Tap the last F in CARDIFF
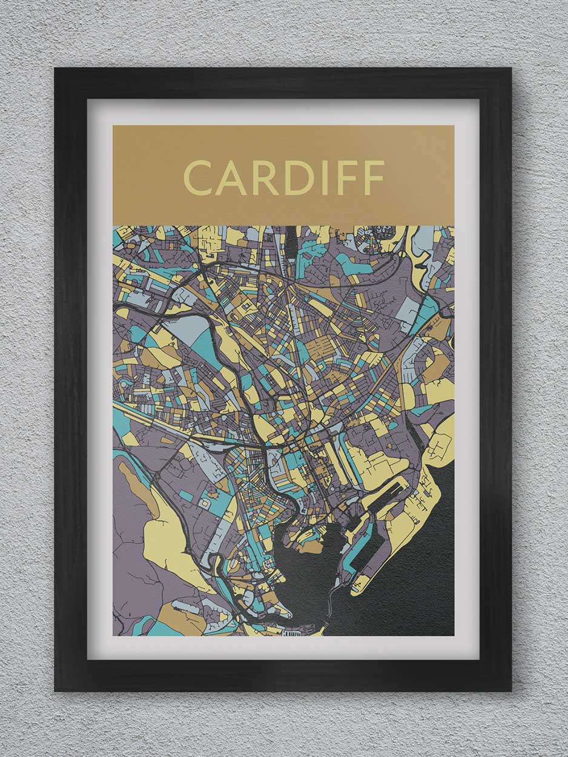tap(375, 178)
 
